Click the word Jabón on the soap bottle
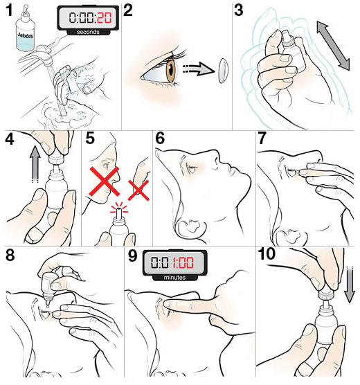pyautogui.click(x=25, y=35)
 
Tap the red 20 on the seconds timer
pyautogui.click(x=104, y=18)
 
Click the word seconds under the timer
pyautogui.click(x=88, y=32)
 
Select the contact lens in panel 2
pyautogui.click(x=223, y=71)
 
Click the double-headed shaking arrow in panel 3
pyautogui.click(x=333, y=46)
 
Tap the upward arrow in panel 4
pyautogui.click(x=35, y=164)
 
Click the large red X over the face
pyautogui.click(x=105, y=181)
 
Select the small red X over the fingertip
pyautogui.click(x=138, y=190)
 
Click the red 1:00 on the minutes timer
pyautogui.click(x=183, y=262)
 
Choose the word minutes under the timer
pyautogui.click(x=174, y=278)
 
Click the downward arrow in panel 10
pyautogui.click(x=349, y=285)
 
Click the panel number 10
pyautogui.click(x=267, y=254)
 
